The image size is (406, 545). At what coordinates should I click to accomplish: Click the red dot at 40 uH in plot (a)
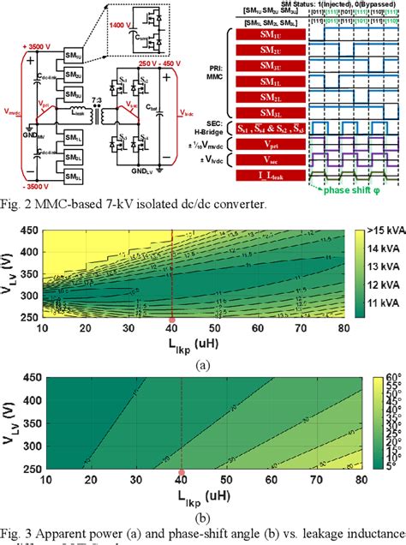(172, 320)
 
